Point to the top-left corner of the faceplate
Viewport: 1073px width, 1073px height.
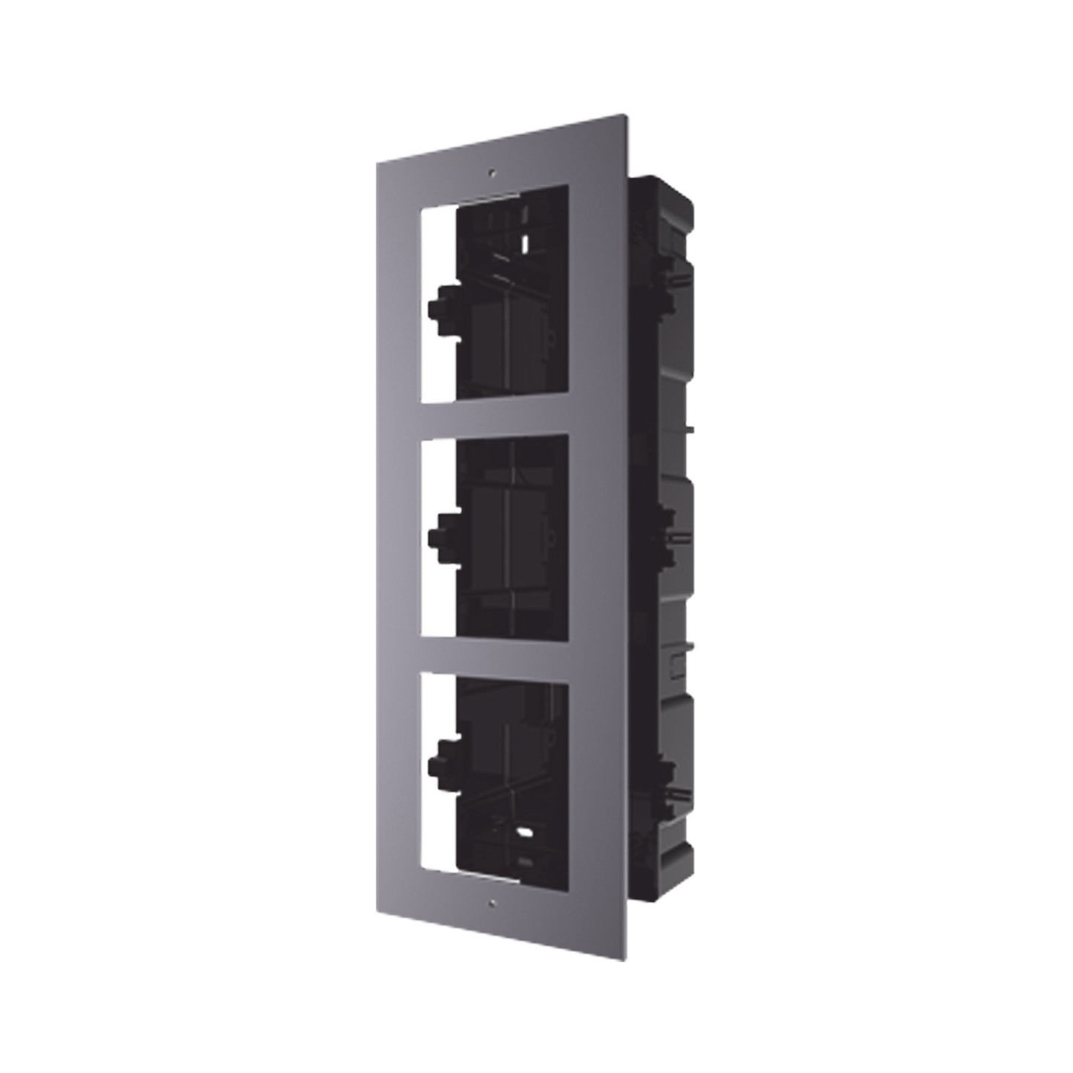click(376, 157)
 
